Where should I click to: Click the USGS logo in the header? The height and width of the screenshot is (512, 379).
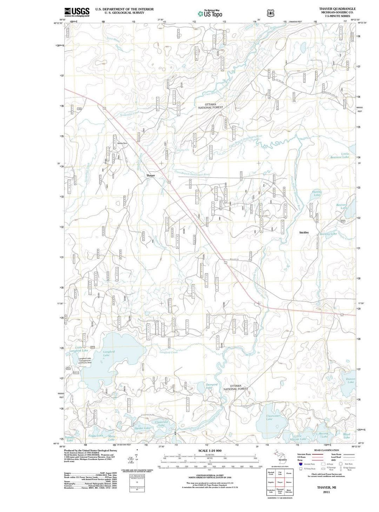[x=77, y=12]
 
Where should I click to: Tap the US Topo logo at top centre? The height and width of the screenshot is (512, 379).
[x=210, y=14]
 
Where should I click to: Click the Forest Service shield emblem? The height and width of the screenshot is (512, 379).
[x=270, y=13]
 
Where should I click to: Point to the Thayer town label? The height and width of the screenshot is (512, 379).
[x=151, y=175]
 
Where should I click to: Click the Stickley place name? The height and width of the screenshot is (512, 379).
[x=304, y=232]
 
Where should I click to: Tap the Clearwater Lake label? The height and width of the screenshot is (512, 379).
[x=273, y=417]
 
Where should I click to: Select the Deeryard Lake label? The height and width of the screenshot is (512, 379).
[x=212, y=386]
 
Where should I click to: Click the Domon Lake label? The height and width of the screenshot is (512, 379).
[x=351, y=380]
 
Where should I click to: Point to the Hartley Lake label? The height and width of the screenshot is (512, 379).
[x=317, y=193]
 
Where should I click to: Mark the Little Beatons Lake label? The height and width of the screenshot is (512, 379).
[x=340, y=155]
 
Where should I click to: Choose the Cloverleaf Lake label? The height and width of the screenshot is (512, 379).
[x=161, y=423]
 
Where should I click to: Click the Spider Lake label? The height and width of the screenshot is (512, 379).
[x=142, y=428]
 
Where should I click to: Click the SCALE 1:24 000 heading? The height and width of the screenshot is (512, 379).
[x=210, y=451]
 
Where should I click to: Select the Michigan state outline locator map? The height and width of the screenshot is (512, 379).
[x=280, y=457]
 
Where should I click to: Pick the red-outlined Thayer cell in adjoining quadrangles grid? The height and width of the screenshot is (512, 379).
[x=280, y=483]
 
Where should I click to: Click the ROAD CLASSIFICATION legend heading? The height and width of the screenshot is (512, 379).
[x=326, y=450]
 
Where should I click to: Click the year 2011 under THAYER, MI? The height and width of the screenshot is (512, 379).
[x=326, y=492]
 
